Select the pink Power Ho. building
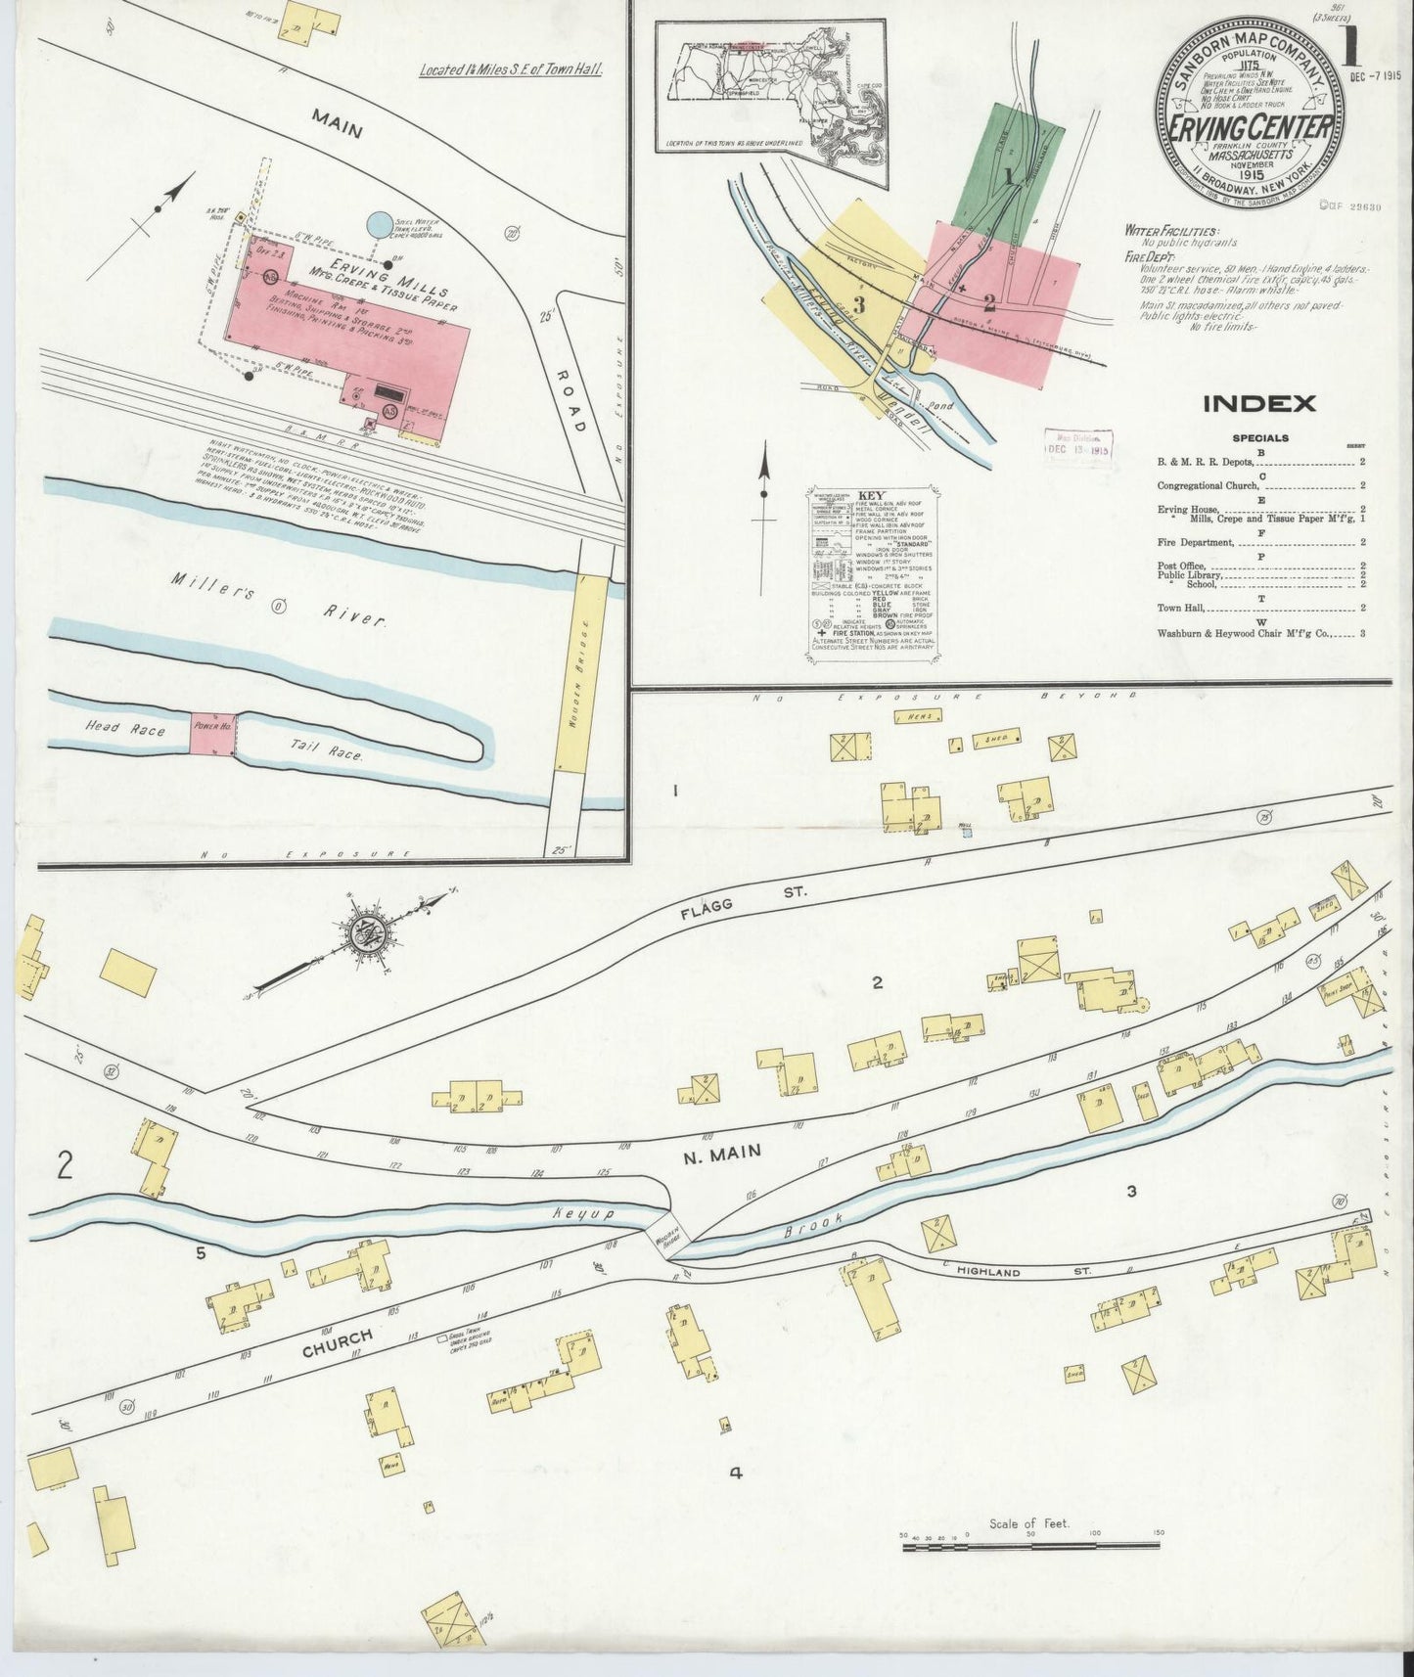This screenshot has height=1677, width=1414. (212, 733)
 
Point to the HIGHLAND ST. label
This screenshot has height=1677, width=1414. (989, 1272)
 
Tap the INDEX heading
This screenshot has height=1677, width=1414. (1258, 403)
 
